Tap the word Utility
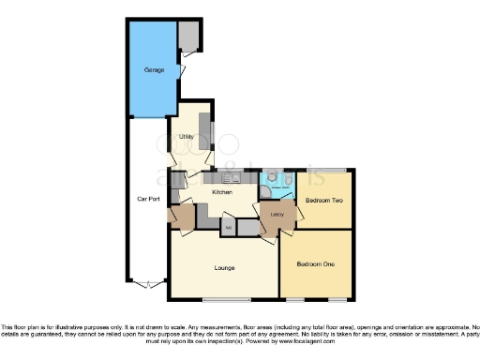tap(187, 137)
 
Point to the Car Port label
tap(146, 199)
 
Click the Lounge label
tap(223, 268)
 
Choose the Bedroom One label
tap(314, 264)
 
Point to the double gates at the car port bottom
tap(145, 282)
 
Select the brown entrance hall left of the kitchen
tap(180, 217)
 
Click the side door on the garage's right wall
tap(182, 68)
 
